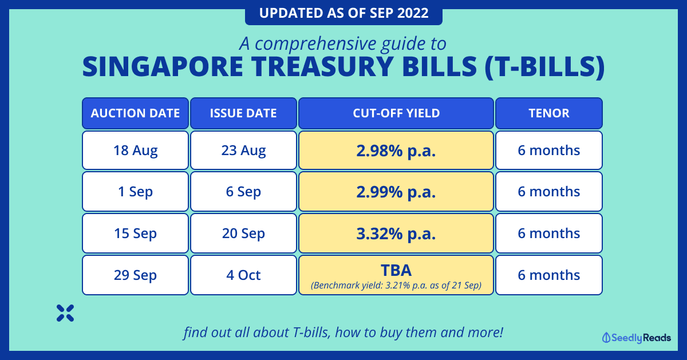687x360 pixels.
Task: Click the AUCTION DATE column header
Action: point(135,113)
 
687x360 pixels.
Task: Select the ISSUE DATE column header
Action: point(243,113)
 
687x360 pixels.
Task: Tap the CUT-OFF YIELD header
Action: point(396,113)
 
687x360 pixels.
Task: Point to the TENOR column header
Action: point(549,113)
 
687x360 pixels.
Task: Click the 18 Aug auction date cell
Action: point(135,151)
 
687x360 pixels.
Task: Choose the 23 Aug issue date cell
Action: point(243,151)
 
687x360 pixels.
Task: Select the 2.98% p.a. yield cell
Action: point(396,151)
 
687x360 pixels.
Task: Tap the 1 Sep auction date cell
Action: point(135,192)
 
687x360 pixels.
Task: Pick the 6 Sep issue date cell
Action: point(243,192)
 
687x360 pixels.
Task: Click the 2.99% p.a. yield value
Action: point(396,192)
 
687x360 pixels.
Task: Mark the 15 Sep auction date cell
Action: point(135,234)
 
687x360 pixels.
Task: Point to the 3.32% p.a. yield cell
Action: point(396,234)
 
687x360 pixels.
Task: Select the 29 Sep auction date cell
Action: point(135,275)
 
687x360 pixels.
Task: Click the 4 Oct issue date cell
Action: point(243,275)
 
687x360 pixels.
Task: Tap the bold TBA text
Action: point(396,270)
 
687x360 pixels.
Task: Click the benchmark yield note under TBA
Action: point(396,286)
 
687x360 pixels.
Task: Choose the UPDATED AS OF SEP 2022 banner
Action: point(343,13)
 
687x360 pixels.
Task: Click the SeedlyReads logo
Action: point(637,338)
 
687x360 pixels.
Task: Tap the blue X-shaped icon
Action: point(65,313)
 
